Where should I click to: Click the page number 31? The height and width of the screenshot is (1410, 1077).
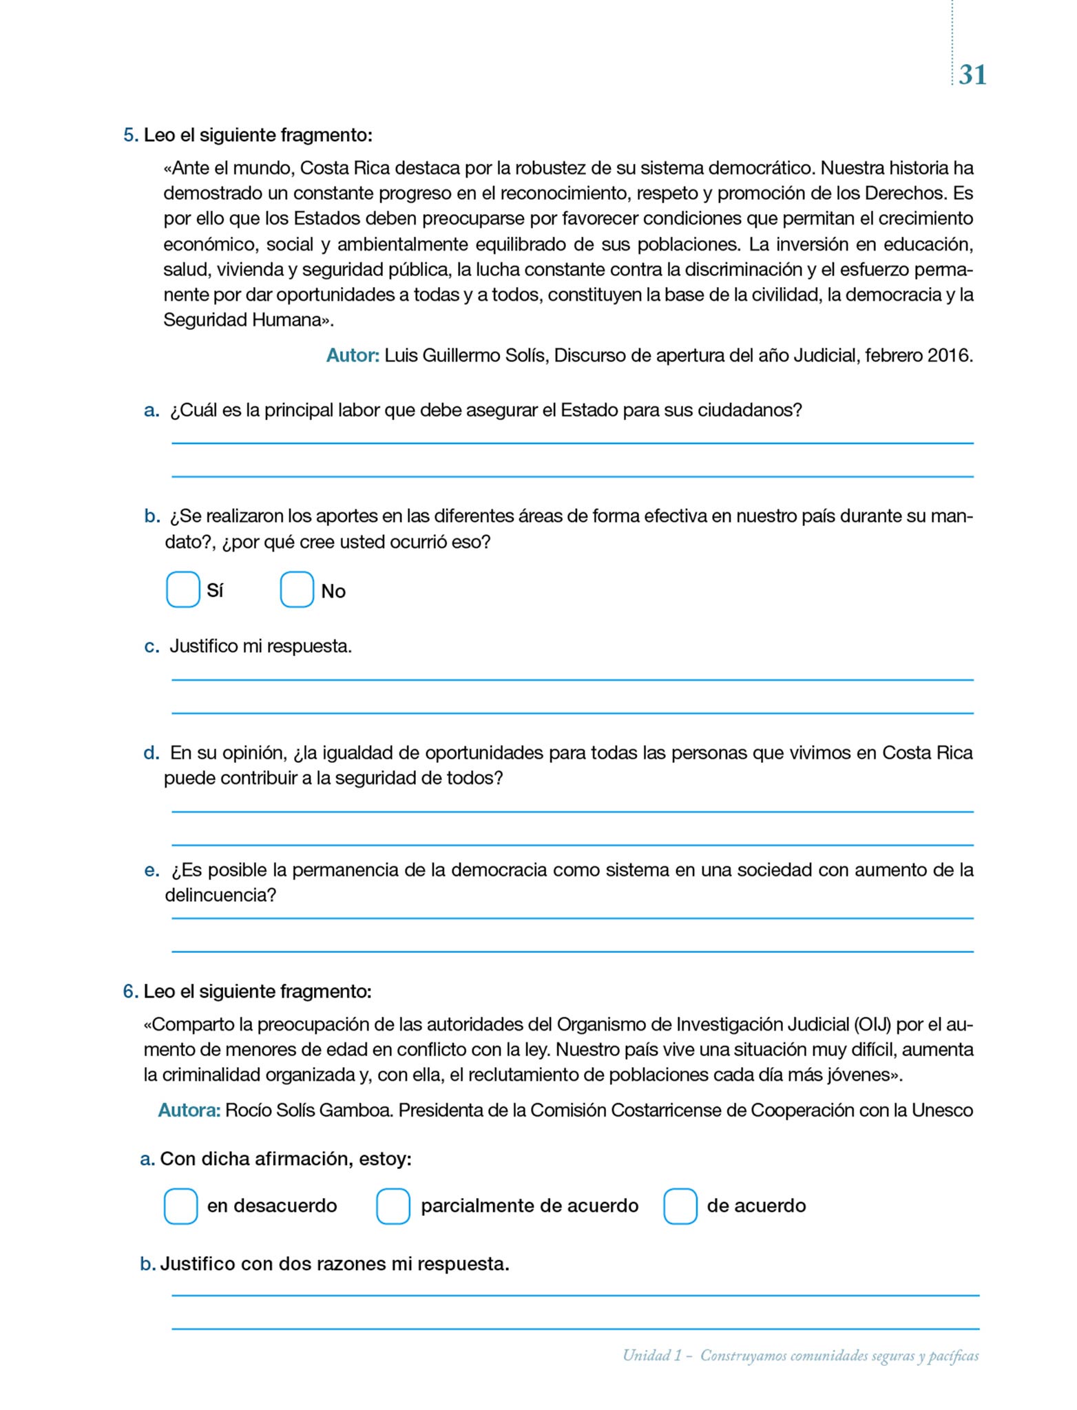pyautogui.click(x=972, y=74)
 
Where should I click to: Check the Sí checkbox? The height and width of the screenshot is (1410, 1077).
pyautogui.click(x=183, y=589)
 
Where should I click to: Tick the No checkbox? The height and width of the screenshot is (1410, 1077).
pyautogui.click(x=297, y=589)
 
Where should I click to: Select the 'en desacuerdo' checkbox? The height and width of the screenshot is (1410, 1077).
pyautogui.click(x=181, y=1206)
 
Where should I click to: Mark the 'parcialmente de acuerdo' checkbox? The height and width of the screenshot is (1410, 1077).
pyautogui.click(x=393, y=1206)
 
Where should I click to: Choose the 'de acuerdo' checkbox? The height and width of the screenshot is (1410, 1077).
pyautogui.click(x=680, y=1206)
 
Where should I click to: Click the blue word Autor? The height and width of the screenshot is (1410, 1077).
pyautogui.click(x=353, y=356)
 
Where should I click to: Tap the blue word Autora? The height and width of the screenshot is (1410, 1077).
pyautogui.click(x=189, y=1110)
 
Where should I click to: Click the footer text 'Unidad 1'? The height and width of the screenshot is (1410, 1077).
pyautogui.click(x=651, y=1355)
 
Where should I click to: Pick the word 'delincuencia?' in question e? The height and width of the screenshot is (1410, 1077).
pyautogui.click(x=220, y=895)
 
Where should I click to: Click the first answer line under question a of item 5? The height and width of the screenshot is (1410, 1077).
pyautogui.click(x=572, y=442)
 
